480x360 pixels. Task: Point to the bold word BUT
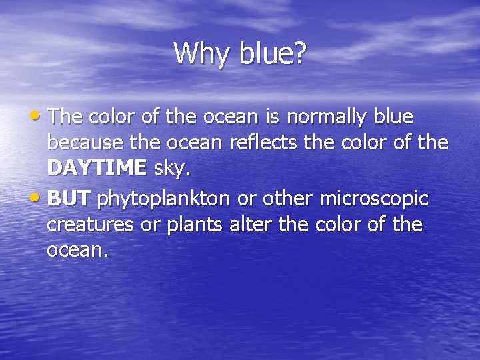[x=69, y=199]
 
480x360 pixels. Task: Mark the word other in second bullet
[x=288, y=199]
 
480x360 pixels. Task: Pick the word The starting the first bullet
[x=65, y=117]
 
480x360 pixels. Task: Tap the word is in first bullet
[x=269, y=117]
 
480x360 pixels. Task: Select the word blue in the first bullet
[x=394, y=117]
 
